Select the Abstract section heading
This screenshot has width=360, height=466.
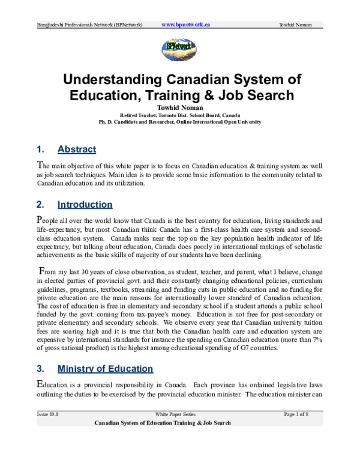click(x=76, y=149)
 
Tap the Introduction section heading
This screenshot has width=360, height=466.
click(x=85, y=204)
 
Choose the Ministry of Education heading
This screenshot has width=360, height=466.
click(x=105, y=368)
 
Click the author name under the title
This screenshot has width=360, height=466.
click(x=180, y=107)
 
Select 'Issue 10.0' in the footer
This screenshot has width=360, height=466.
click(x=47, y=414)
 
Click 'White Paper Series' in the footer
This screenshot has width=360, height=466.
click(x=175, y=414)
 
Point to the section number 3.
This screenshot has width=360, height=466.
click(x=40, y=368)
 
